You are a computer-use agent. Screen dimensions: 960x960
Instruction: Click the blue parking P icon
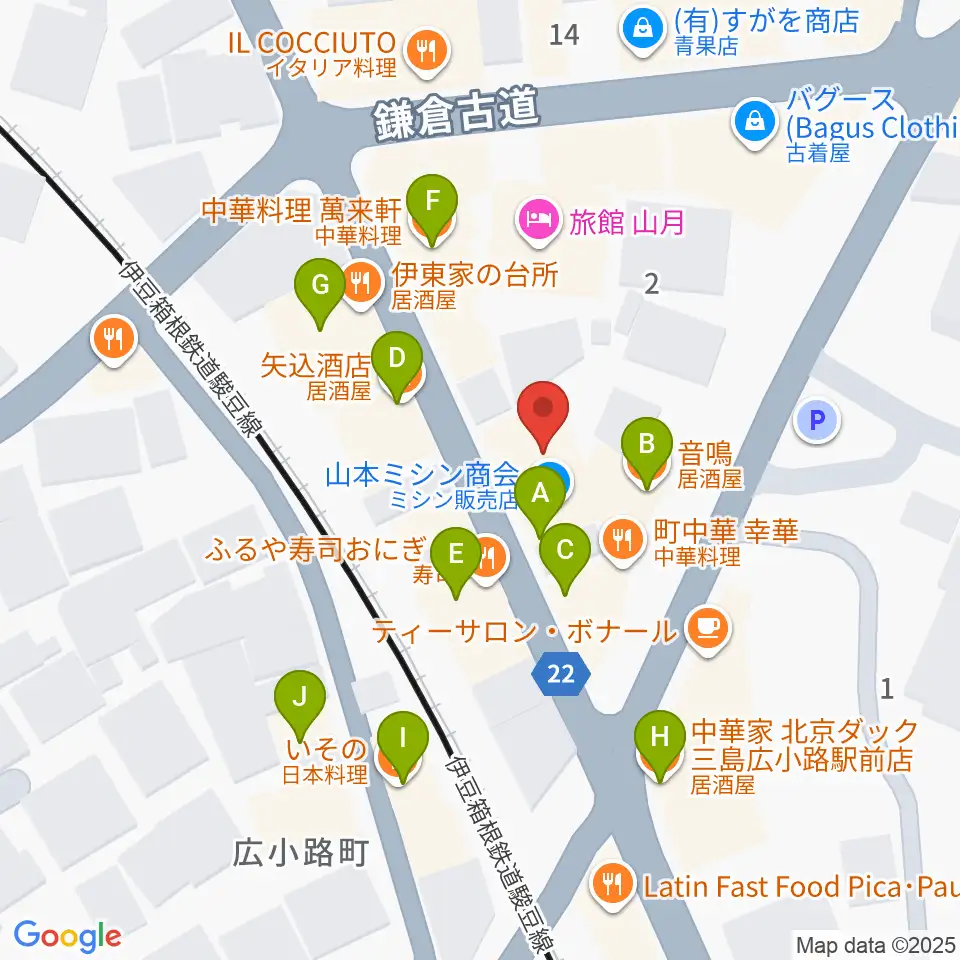(817, 421)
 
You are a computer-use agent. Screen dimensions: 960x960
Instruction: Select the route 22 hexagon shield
(562, 676)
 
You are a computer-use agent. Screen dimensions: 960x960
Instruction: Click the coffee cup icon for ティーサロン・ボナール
(709, 628)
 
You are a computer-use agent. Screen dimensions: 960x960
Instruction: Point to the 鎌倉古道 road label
(457, 115)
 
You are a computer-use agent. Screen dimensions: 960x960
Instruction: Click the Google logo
(67, 935)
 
